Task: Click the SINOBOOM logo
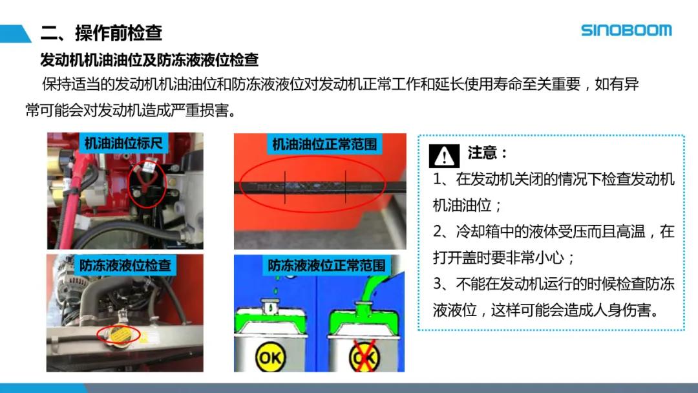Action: (626, 30)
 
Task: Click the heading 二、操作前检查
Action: (101, 33)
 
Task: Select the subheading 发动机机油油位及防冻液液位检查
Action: (149, 59)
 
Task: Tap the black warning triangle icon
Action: (444, 156)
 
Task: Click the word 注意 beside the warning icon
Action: (482, 153)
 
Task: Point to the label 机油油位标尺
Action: (123, 143)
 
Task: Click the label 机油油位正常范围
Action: (324, 144)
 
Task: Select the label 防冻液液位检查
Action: (125, 265)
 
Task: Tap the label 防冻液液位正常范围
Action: (326, 265)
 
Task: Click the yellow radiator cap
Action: (119, 334)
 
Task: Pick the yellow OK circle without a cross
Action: (270, 357)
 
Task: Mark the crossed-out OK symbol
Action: (364, 356)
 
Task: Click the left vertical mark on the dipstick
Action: (286, 187)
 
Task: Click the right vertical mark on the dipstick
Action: (346, 187)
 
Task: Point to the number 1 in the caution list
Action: (437, 179)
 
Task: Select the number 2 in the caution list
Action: (438, 231)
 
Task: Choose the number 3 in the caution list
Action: (438, 284)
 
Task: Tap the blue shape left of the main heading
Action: (15, 34)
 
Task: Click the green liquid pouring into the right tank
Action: (370, 290)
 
